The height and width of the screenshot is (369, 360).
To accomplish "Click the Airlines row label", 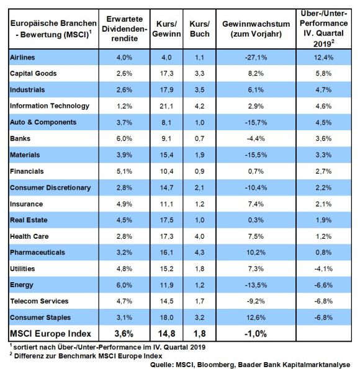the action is tap(22, 58).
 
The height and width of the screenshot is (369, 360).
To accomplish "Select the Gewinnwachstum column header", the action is tap(256, 29).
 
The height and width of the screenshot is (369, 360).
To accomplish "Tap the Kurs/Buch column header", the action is tap(199, 29).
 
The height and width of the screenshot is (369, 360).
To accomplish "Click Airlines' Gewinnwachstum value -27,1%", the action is tap(256, 58).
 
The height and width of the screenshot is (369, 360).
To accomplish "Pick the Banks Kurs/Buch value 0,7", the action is tap(199, 139).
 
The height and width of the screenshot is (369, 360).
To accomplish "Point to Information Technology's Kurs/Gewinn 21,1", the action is tap(166, 106).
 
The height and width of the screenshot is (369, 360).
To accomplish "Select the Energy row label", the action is tap(22, 285).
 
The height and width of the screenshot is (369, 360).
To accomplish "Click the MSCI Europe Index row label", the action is tap(50, 334).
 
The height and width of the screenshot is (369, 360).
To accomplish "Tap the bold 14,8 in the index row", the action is tap(166, 334).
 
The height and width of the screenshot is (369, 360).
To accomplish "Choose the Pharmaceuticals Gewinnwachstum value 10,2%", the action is tap(256, 252).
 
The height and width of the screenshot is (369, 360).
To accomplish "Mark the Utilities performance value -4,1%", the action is tap(323, 269).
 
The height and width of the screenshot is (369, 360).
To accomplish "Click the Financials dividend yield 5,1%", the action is tap(124, 171).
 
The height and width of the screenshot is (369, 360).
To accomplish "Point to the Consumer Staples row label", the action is tap(40, 318).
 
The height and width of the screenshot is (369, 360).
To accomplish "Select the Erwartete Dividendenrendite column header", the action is tap(124, 29).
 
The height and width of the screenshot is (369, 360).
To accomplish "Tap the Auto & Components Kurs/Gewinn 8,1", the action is tap(166, 122).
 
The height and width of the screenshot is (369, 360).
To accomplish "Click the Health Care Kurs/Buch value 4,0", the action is tap(199, 236).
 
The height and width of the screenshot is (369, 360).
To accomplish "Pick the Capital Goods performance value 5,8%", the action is tap(323, 73).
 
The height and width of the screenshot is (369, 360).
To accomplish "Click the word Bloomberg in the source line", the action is tap(215, 365).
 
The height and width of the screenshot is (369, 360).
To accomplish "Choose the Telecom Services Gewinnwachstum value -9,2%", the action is tap(256, 301).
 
